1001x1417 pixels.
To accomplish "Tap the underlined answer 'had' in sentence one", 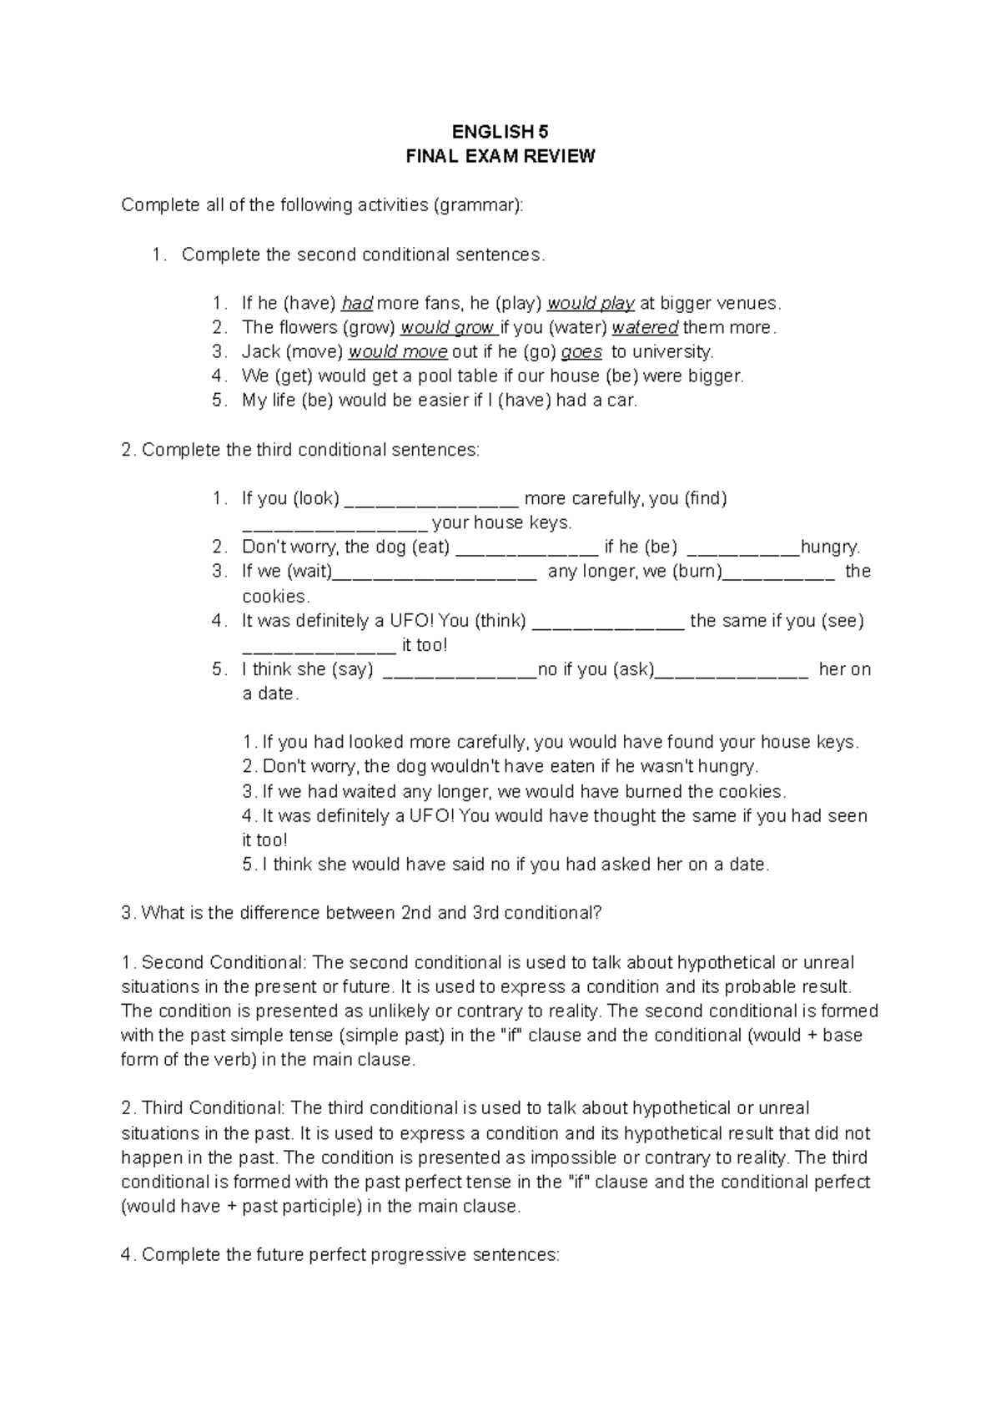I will (x=357, y=303).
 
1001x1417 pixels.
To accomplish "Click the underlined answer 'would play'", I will (x=591, y=303).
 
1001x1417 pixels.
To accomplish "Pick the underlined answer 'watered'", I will (x=645, y=327).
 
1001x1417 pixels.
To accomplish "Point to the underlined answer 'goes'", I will (x=581, y=351).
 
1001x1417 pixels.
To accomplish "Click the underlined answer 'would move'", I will (x=398, y=351).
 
